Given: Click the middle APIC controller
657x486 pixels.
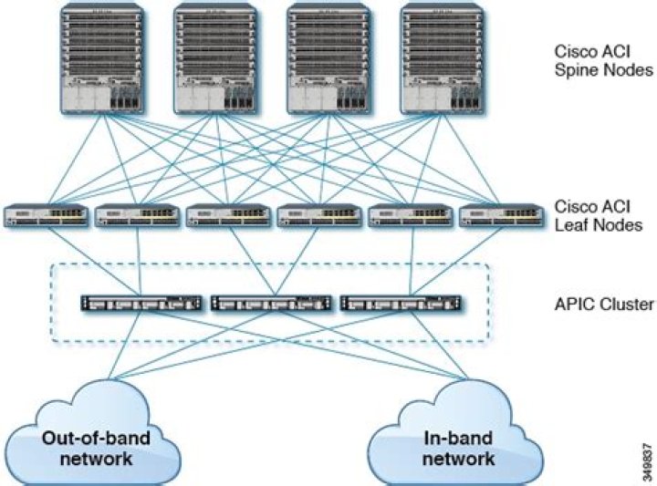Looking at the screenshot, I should pyautogui.click(x=270, y=303).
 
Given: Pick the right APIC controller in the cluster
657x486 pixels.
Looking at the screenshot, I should pyautogui.click(x=400, y=303).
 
